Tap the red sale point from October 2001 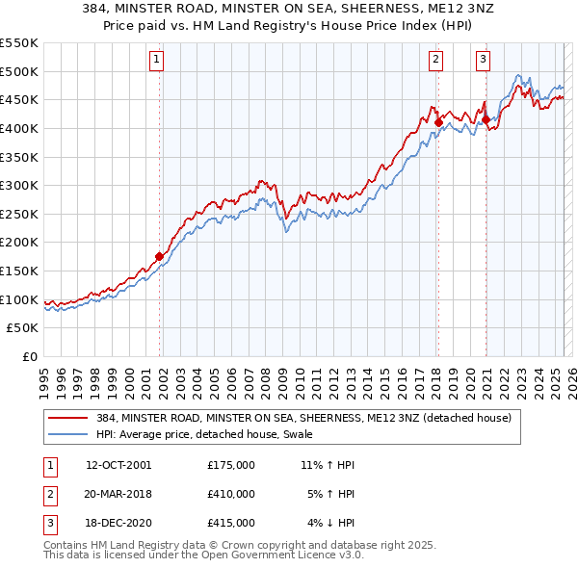tap(160, 256)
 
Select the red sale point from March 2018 tap(438, 122)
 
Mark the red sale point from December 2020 tap(486, 119)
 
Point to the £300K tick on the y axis tap(19, 185)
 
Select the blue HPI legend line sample tap(68, 434)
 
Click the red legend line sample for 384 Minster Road tap(68, 419)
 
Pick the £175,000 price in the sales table tap(231, 465)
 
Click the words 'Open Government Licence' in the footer tap(254, 555)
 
